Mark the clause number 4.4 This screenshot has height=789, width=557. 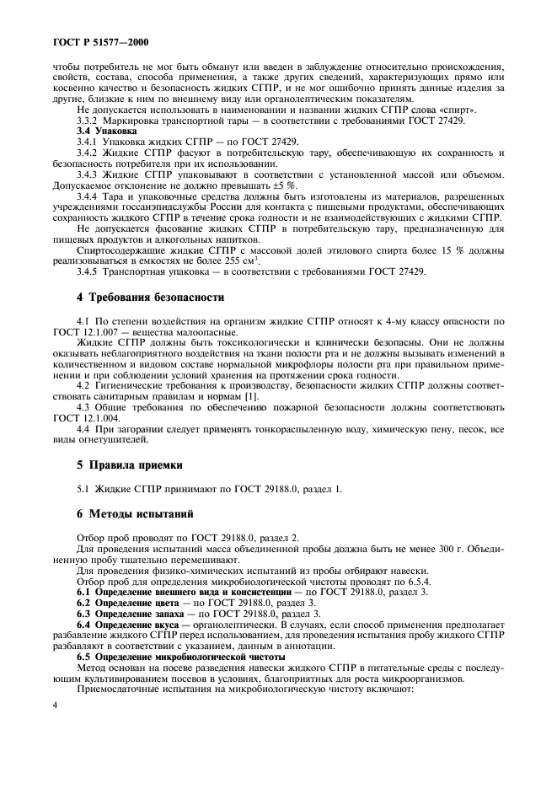tap(85, 429)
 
